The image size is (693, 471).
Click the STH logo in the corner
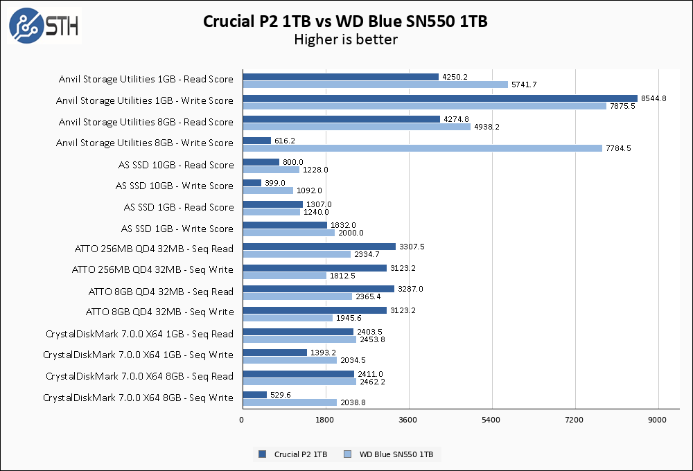coord(43,26)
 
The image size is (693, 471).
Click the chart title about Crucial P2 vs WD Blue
coord(345,21)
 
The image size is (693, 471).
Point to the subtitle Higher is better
coord(346,39)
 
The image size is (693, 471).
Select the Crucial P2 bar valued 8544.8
coord(439,98)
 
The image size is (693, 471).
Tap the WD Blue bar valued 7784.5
coord(422,148)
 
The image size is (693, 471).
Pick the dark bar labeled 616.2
coord(256,141)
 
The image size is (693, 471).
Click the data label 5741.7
coord(525,85)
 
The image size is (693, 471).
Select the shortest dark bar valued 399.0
coord(252,183)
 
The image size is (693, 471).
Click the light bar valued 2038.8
coord(290,402)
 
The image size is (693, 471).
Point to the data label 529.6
coord(281,395)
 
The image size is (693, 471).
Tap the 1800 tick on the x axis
coord(325,420)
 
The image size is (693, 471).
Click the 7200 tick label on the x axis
coord(575,420)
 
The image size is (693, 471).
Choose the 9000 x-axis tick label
coord(658,420)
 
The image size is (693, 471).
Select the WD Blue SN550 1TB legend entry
coord(394,454)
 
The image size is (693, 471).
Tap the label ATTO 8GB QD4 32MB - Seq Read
coord(161,292)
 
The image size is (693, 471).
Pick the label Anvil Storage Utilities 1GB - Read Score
coord(146,79)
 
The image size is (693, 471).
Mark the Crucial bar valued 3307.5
coord(319,247)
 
